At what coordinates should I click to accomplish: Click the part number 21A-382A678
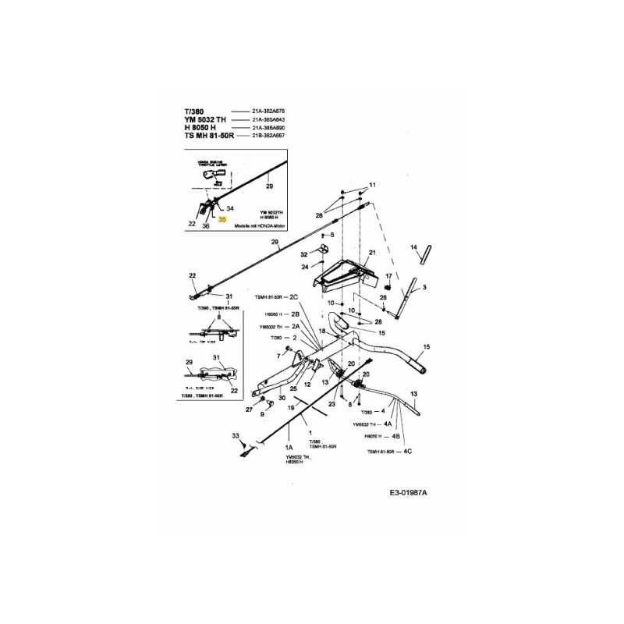(270, 112)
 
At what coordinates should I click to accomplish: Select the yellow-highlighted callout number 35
(222, 221)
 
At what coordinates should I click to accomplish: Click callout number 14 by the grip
(414, 247)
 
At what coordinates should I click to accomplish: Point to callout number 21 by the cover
(372, 253)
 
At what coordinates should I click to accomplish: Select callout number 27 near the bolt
(249, 409)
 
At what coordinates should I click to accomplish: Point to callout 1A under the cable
(289, 447)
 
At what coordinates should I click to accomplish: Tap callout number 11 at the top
(372, 185)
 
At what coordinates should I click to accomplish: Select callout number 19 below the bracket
(291, 407)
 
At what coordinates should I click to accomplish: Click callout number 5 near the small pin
(331, 235)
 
